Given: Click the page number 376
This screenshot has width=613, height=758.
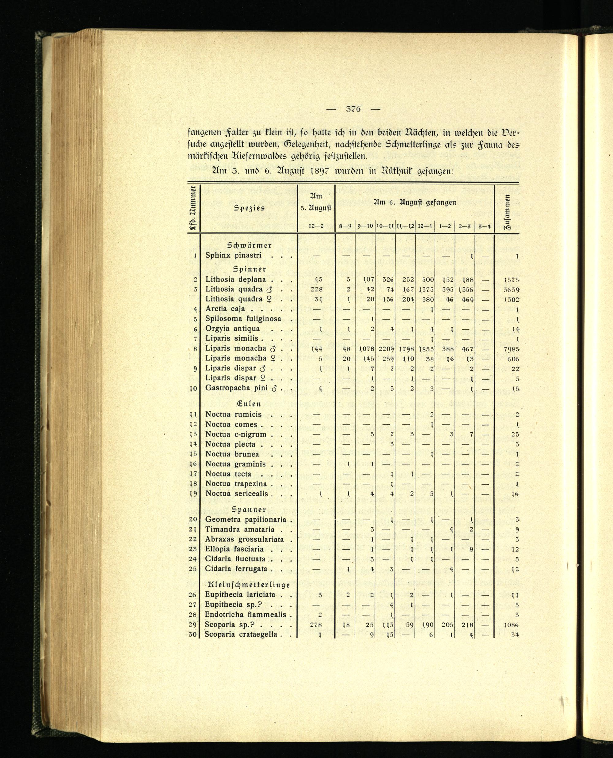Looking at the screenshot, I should coord(353,109).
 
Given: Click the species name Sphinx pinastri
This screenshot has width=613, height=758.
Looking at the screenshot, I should coord(234,256).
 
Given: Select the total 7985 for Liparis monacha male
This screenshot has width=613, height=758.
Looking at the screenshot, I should coord(511,349).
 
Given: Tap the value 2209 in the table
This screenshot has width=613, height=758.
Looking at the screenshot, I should coord(386,349).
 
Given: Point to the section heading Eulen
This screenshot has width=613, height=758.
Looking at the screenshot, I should coord(249,404).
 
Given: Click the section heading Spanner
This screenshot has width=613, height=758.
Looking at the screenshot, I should coord(249,510).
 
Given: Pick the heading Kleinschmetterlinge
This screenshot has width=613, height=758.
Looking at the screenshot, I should coord(249,585).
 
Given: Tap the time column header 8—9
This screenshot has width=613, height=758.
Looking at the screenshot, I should coord(345,226).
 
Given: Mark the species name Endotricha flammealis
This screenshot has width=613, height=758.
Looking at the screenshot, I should coord(246,614).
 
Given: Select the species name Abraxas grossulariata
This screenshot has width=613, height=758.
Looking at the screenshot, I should coord(244,539).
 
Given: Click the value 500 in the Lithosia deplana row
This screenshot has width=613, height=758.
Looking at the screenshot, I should coord(428,280).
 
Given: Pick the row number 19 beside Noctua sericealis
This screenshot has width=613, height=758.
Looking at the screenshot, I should coord(193,494).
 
